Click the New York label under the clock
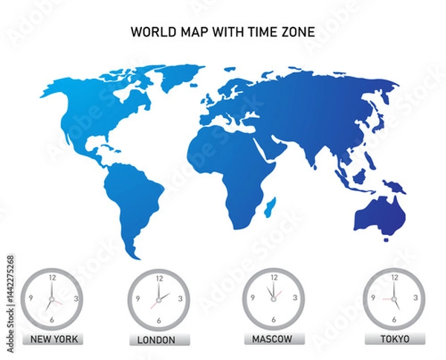[51, 339]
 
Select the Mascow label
[273, 339]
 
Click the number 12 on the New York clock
[51, 277]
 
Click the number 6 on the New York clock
[51, 319]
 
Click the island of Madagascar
[272, 203]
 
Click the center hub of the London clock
[158, 298]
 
